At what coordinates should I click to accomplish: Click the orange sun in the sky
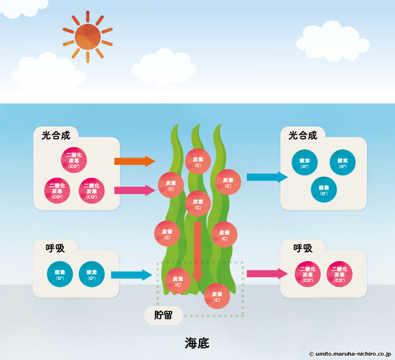87,36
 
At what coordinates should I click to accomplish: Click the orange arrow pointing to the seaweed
134,161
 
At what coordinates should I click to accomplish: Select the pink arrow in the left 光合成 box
134,190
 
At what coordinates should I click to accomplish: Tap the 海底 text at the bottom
197,343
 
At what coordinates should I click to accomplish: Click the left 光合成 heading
56,136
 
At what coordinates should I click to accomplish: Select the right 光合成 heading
302,136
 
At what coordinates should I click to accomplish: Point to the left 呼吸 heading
55,248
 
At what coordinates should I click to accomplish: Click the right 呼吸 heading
302,248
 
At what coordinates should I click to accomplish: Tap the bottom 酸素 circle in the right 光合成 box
324,190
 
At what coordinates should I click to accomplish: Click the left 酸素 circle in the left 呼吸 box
60,274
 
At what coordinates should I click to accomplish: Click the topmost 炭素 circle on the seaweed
197,161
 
